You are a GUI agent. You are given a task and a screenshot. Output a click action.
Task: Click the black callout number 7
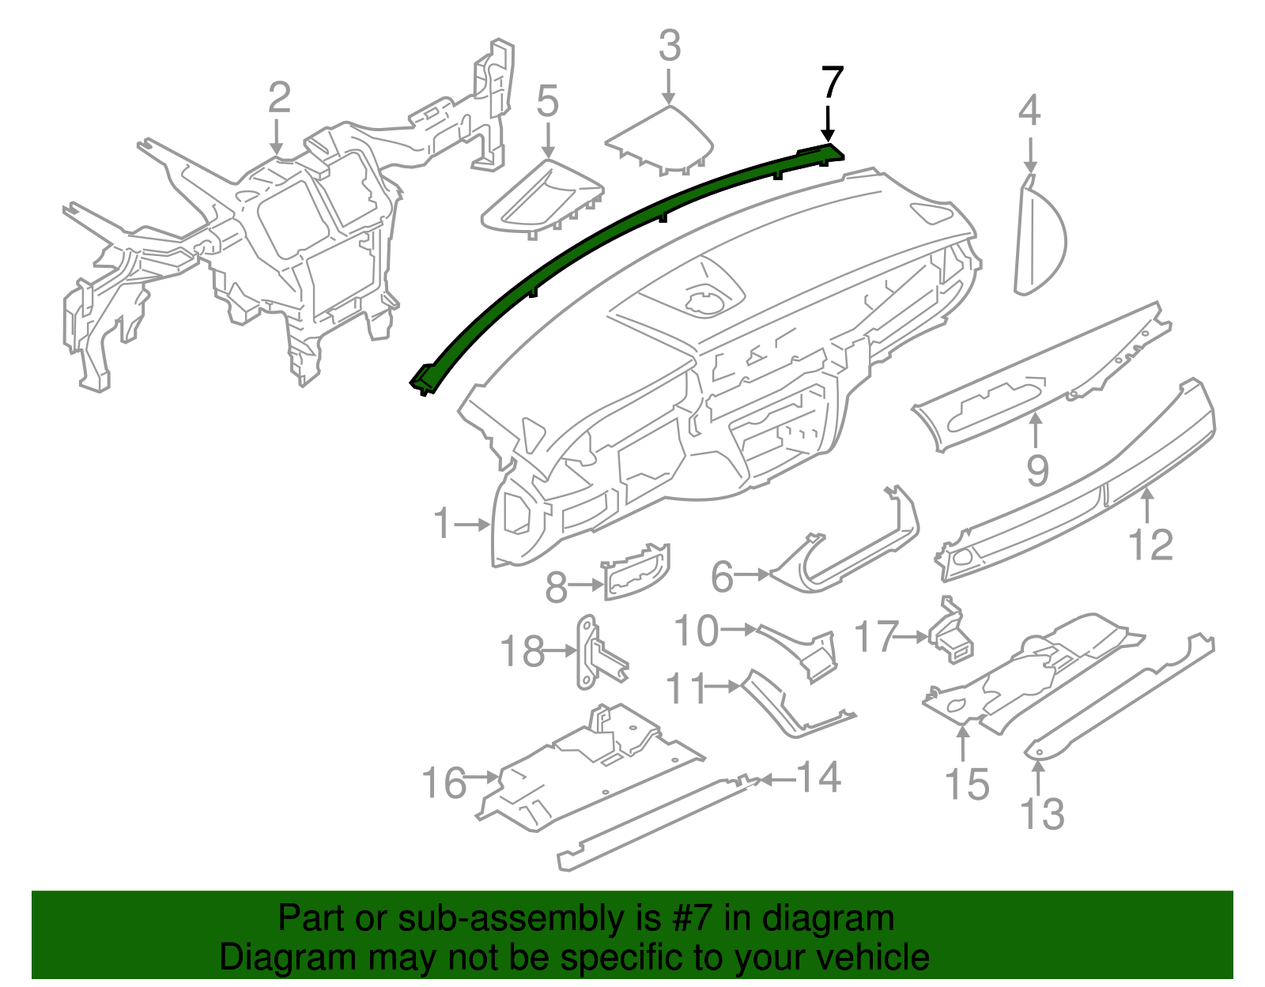tap(833, 83)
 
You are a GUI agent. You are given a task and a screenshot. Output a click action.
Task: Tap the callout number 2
tap(279, 98)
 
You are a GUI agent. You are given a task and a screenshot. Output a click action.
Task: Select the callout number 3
tap(670, 46)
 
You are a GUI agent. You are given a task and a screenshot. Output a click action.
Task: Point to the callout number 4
tap(1029, 111)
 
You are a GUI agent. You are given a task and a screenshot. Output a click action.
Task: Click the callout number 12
tap(1150, 545)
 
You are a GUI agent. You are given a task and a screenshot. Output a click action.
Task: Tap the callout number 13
tap(1042, 813)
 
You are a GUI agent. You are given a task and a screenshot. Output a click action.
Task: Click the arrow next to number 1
tap(474, 524)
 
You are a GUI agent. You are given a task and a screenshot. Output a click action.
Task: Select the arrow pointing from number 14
tap(776, 780)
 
